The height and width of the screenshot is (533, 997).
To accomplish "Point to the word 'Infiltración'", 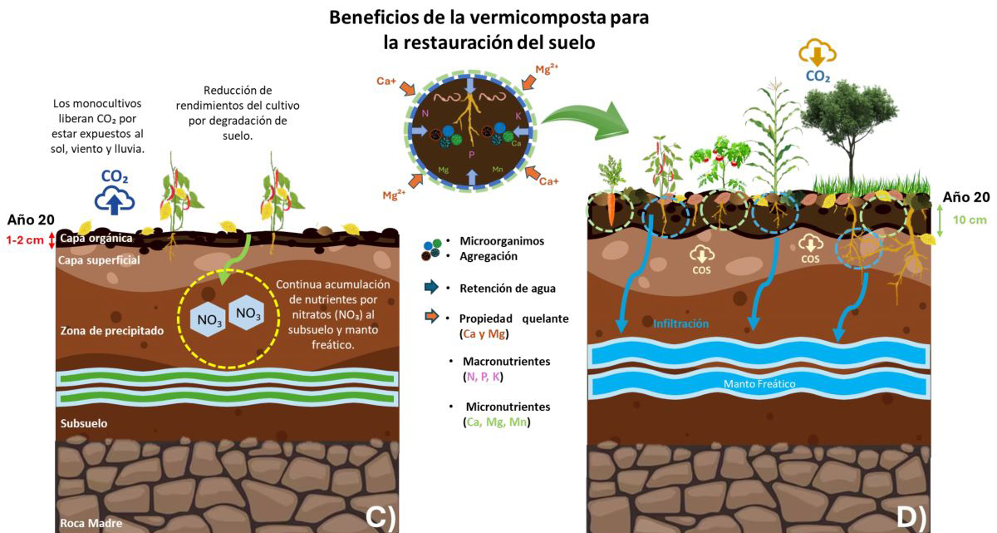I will click(x=681, y=323).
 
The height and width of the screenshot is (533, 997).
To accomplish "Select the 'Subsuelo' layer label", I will click(x=84, y=423).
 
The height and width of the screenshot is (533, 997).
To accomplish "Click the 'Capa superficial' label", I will click(x=98, y=260).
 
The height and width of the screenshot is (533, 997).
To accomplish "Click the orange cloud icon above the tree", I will click(x=818, y=53).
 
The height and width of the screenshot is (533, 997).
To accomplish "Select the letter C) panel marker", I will click(x=380, y=517).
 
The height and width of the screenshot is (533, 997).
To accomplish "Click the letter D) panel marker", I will click(x=911, y=517).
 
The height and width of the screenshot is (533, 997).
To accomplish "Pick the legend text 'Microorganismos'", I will click(x=502, y=241).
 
